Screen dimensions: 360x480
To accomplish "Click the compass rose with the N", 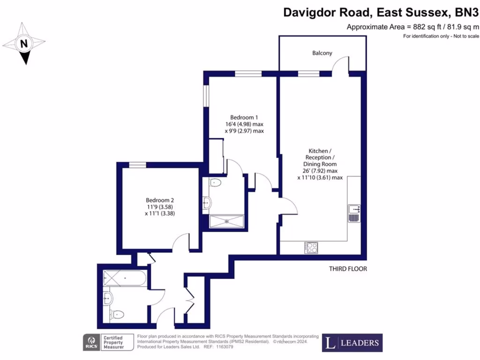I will point(24,44).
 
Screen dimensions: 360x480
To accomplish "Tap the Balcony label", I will point(322,53).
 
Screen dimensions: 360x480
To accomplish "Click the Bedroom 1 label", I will point(244,117).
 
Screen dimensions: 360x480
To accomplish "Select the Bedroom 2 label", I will point(159,199).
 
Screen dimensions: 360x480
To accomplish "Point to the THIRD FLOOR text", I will point(347,269).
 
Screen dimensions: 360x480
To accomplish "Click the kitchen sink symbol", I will point(353,213).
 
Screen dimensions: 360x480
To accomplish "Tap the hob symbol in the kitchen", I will point(311,247).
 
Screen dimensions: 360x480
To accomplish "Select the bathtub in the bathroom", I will point(125,278).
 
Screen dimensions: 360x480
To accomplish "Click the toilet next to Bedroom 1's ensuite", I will point(216,183).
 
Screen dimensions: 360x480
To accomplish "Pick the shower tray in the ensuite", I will point(227,221).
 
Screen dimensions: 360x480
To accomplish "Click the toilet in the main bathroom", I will point(116,314).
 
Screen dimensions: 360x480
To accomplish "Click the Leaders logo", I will point(352,343).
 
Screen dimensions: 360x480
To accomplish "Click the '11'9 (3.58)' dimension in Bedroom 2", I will point(159,207).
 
